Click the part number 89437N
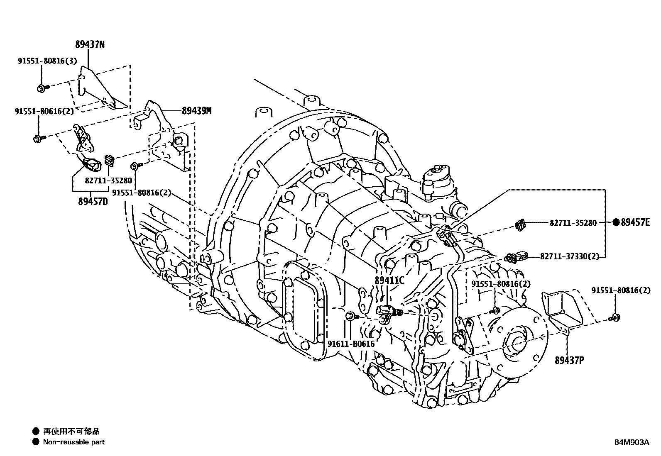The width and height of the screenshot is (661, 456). point(90,45)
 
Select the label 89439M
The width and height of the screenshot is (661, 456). point(196,111)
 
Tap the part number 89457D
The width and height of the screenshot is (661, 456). point(93,202)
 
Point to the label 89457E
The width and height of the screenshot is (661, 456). point(635,222)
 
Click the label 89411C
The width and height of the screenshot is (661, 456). point(389,280)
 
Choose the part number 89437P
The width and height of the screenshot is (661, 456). point(569,360)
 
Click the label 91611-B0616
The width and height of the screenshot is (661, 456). point(351,344)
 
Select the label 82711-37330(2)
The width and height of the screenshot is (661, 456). point(570,257)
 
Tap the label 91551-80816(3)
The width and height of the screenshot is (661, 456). point(47,61)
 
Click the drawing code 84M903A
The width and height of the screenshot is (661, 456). point(632,442)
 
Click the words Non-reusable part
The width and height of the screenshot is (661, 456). point(74,442)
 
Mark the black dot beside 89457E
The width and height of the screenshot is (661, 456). point(616,222)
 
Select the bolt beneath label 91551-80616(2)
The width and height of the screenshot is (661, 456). point(38,138)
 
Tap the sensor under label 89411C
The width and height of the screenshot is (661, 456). point(387,312)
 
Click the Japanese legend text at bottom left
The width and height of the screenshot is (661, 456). point(71,432)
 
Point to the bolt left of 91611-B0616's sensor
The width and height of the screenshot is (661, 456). point(351,317)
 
